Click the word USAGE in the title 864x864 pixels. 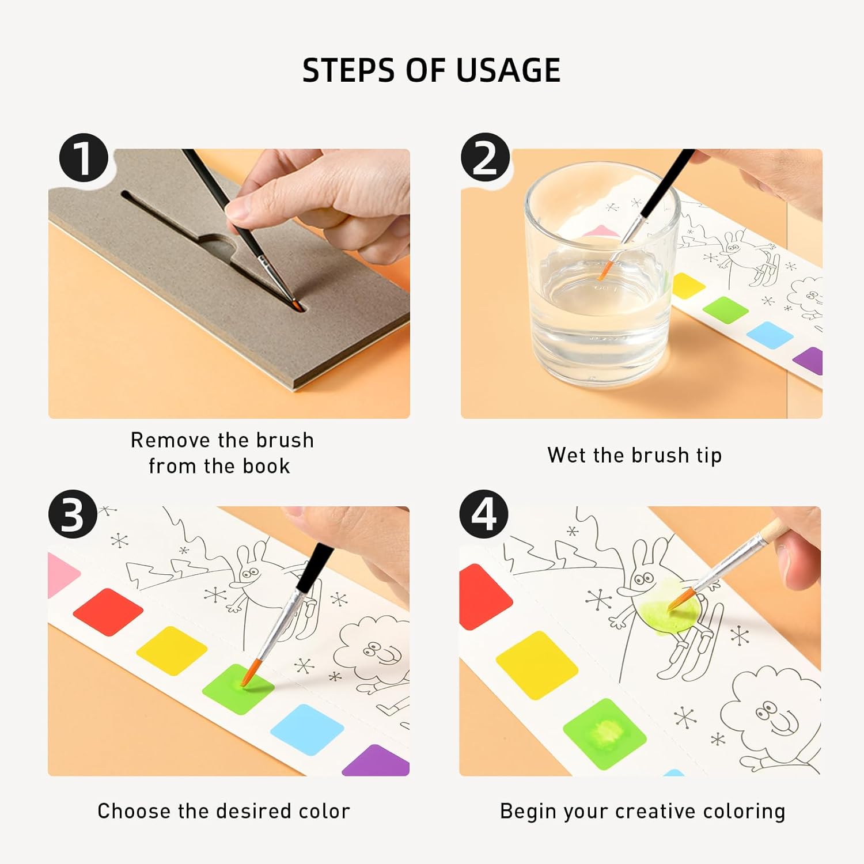pyautogui.click(x=508, y=70)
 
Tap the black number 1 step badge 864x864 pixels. pyautogui.click(x=84, y=158)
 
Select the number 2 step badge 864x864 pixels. pyautogui.click(x=485, y=158)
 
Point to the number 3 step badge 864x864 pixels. pyautogui.click(x=73, y=514)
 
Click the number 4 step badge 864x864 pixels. pyautogui.click(x=484, y=514)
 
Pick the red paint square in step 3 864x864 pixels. pyautogui.click(x=108, y=612)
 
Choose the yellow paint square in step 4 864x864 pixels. pyautogui.click(x=536, y=665)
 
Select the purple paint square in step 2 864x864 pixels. pyautogui.click(x=809, y=361)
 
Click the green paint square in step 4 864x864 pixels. pyautogui.click(x=604, y=733)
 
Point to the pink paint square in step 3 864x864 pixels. pyautogui.click(x=60, y=574)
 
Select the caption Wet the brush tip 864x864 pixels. pyautogui.click(x=634, y=455)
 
